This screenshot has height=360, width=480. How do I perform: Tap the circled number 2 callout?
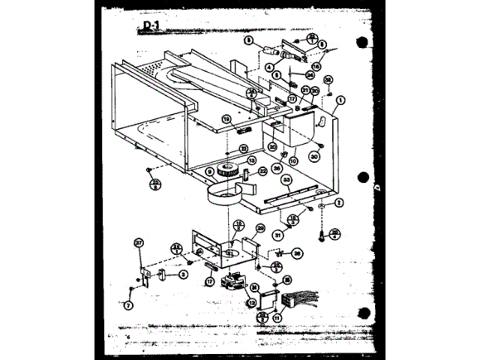click(x=338, y=202)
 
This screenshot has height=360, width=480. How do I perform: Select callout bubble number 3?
click(x=181, y=274)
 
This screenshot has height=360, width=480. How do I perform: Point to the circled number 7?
click(x=129, y=306)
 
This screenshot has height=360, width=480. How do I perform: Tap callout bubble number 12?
click(x=253, y=302)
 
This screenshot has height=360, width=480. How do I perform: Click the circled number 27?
click(x=139, y=241)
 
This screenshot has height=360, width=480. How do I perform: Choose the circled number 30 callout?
click(x=315, y=157)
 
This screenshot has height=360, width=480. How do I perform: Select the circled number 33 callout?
click(x=286, y=181)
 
